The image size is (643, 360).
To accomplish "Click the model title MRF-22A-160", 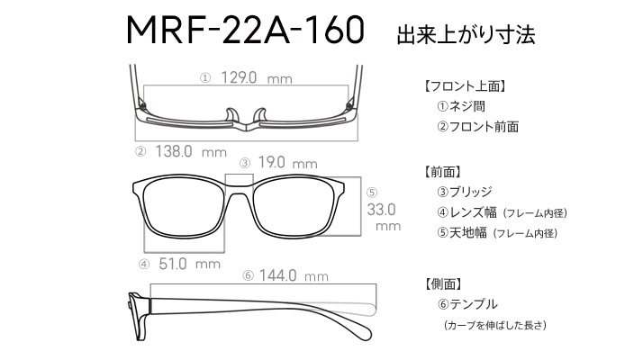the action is point(245,30).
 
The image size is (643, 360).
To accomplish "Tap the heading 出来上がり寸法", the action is point(466,34).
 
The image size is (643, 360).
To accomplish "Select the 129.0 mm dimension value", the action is point(257,77).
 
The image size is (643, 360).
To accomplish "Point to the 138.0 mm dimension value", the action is point(191,151).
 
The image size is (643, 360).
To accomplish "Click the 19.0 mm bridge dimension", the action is point(287,162).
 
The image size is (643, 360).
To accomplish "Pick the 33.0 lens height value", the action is point(381,210).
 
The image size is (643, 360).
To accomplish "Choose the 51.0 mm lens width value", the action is point(189,264).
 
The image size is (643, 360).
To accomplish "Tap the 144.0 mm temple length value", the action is point(294,275).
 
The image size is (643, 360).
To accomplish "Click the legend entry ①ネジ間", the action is point(461,106).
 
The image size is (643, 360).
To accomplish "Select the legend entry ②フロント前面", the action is point(477,126).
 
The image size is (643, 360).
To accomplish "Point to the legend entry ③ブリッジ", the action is point(464,192).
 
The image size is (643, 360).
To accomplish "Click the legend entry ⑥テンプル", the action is point(467,304).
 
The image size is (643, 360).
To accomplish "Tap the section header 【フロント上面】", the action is point(465,86).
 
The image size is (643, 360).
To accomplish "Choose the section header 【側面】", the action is point(444,283).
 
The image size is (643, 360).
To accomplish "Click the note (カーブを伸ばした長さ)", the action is point(495,325).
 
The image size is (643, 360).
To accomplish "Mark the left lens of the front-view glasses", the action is point(184,208).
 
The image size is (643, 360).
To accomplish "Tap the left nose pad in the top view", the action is point(232,115).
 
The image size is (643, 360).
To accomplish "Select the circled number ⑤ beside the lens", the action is point(372,193).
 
